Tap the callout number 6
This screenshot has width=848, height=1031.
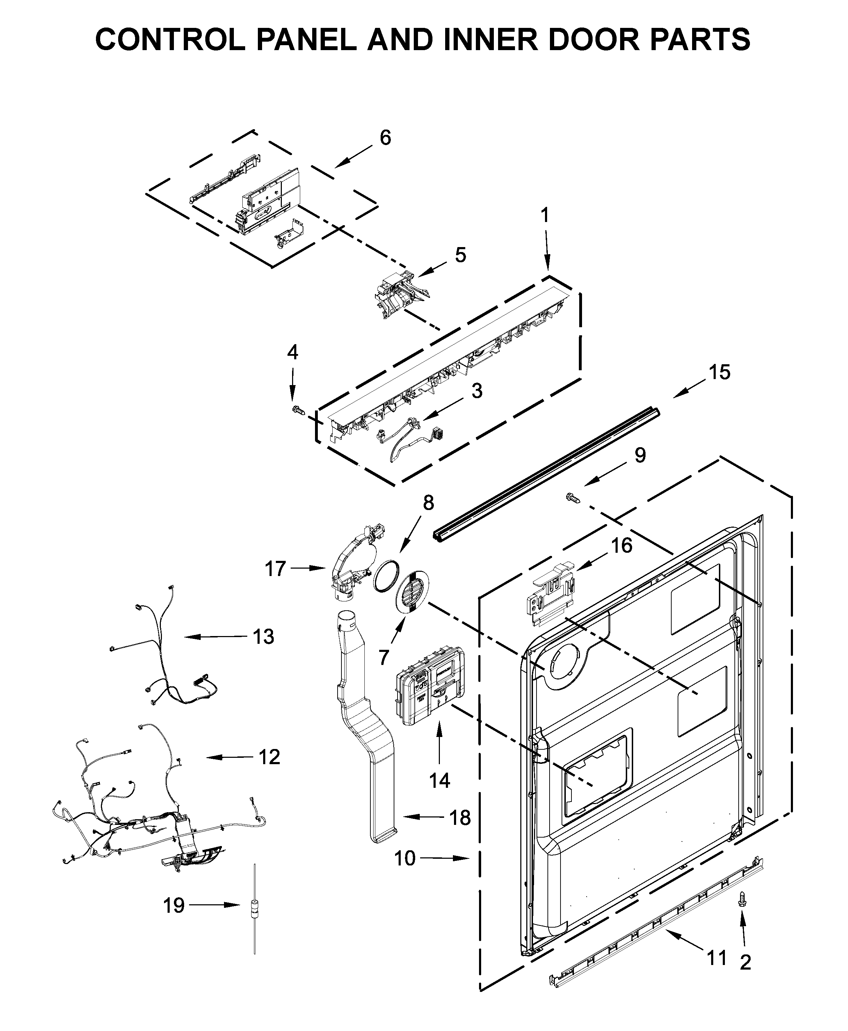[x=386, y=138]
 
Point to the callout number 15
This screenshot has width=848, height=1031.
[x=719, y=372]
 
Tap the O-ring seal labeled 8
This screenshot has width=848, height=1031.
[x=386, y=583]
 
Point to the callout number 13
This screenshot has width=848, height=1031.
[x=263, y=636]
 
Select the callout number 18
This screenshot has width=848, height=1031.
[x=460, y=817]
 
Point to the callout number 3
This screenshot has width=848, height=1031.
[x=477, y=391]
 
